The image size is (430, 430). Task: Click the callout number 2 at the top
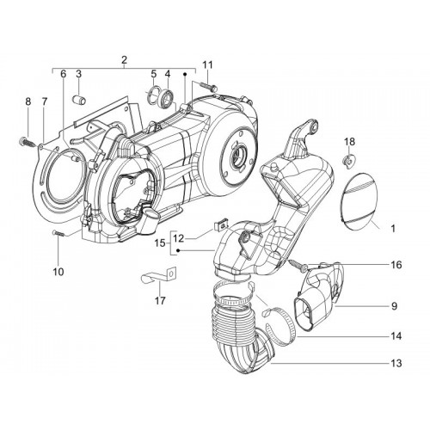pos(124,60)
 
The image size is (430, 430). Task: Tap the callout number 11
pos(208,65)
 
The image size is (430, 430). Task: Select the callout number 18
pos(350,142)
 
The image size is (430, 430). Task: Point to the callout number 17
pos(160,301)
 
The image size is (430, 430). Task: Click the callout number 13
pos(396,363)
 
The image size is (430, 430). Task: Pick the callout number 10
pos(58,272)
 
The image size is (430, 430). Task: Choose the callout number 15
pos(160,243)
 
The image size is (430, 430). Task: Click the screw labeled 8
pos(28,142)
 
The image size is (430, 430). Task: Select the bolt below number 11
pos(207,86)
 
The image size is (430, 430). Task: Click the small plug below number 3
pos(78,99)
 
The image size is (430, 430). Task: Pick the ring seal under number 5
pos(152,95)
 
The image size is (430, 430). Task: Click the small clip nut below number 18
pos(349,162)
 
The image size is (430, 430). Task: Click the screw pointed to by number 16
pos(298,264)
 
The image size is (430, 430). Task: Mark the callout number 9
pos(395,306)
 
